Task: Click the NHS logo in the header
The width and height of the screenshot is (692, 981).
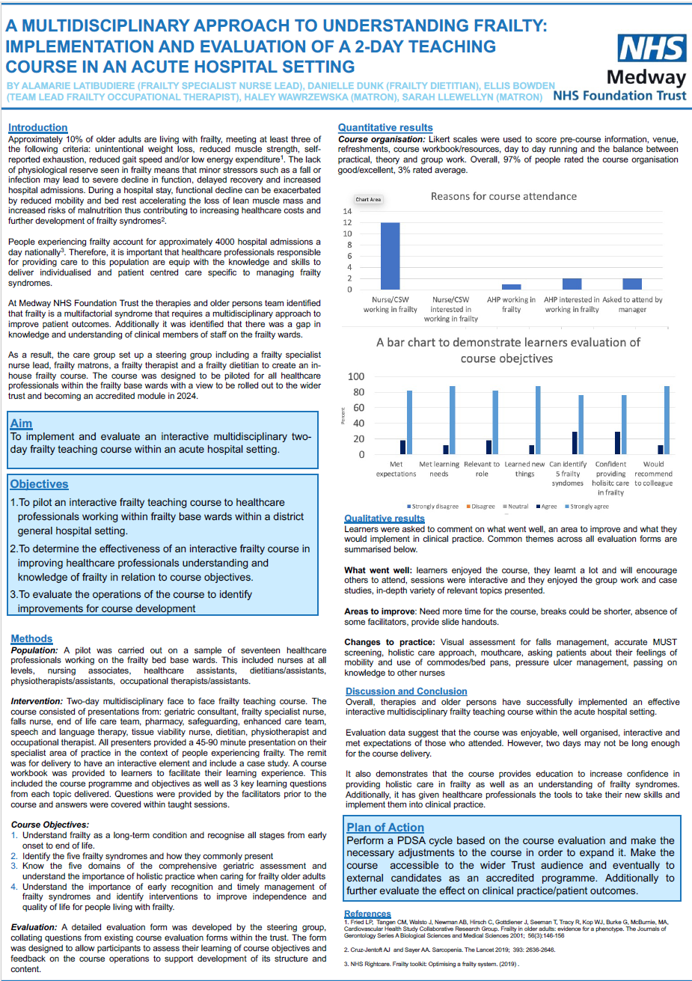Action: (652, 49)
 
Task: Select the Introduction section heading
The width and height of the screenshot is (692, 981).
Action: (37, 128)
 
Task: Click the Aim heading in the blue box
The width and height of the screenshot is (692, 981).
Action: (21, 424)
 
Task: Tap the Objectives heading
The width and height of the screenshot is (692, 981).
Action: (39, 484)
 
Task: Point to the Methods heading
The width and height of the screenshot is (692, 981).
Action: (31, 638)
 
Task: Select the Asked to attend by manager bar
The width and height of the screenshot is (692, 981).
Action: (632, 284)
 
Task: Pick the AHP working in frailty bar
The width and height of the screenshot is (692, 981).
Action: (511, 287)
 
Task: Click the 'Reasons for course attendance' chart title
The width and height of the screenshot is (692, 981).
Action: (503, 196)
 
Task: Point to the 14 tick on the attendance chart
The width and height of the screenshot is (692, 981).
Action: (347, 211)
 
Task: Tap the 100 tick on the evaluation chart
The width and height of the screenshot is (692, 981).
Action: (357, 376)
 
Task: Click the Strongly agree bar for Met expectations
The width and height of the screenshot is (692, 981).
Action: (409, 422)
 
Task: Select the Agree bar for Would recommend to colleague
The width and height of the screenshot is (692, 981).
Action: (660, 449)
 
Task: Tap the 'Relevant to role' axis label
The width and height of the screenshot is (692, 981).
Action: (481, 468)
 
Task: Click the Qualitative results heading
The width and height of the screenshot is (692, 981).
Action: (384, 519)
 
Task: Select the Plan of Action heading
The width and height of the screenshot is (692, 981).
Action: (385, 828)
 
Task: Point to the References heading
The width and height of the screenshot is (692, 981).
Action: (367, 914)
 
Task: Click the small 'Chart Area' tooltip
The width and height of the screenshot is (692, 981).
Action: (368, 200)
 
